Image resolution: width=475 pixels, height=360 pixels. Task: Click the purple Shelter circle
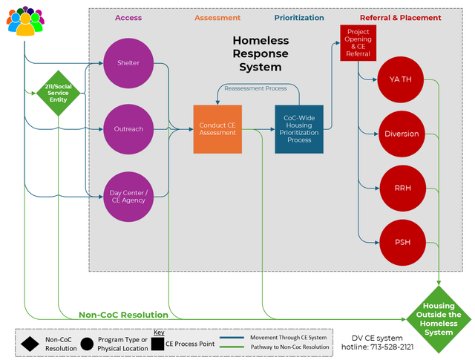point(128,62)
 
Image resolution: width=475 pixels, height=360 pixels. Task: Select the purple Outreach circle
point(128,129)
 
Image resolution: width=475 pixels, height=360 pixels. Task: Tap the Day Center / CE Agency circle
point(128,197)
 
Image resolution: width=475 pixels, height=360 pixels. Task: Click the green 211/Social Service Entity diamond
point(58,93)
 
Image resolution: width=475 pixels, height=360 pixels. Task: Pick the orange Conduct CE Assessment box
point(217,129)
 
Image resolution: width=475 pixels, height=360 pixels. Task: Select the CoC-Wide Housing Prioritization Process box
point(298,129)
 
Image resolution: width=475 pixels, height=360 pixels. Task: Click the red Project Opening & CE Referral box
point(357,44)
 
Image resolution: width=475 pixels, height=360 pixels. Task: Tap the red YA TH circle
point(401,79)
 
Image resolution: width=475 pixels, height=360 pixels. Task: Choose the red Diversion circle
point(401,134)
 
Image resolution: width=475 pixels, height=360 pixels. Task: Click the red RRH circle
point(401,188)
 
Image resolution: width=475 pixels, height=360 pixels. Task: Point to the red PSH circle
point(401,242)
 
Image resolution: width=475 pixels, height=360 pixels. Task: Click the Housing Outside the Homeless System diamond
point(438,319)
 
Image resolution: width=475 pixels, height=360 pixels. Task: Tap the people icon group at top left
point(24,20)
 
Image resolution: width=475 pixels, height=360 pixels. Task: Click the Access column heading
point(128,18)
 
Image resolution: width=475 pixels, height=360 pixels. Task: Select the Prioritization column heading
point(298,18)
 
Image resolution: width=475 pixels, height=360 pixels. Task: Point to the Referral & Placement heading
point(400,18)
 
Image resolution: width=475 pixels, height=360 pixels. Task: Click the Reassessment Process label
point(255,88)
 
